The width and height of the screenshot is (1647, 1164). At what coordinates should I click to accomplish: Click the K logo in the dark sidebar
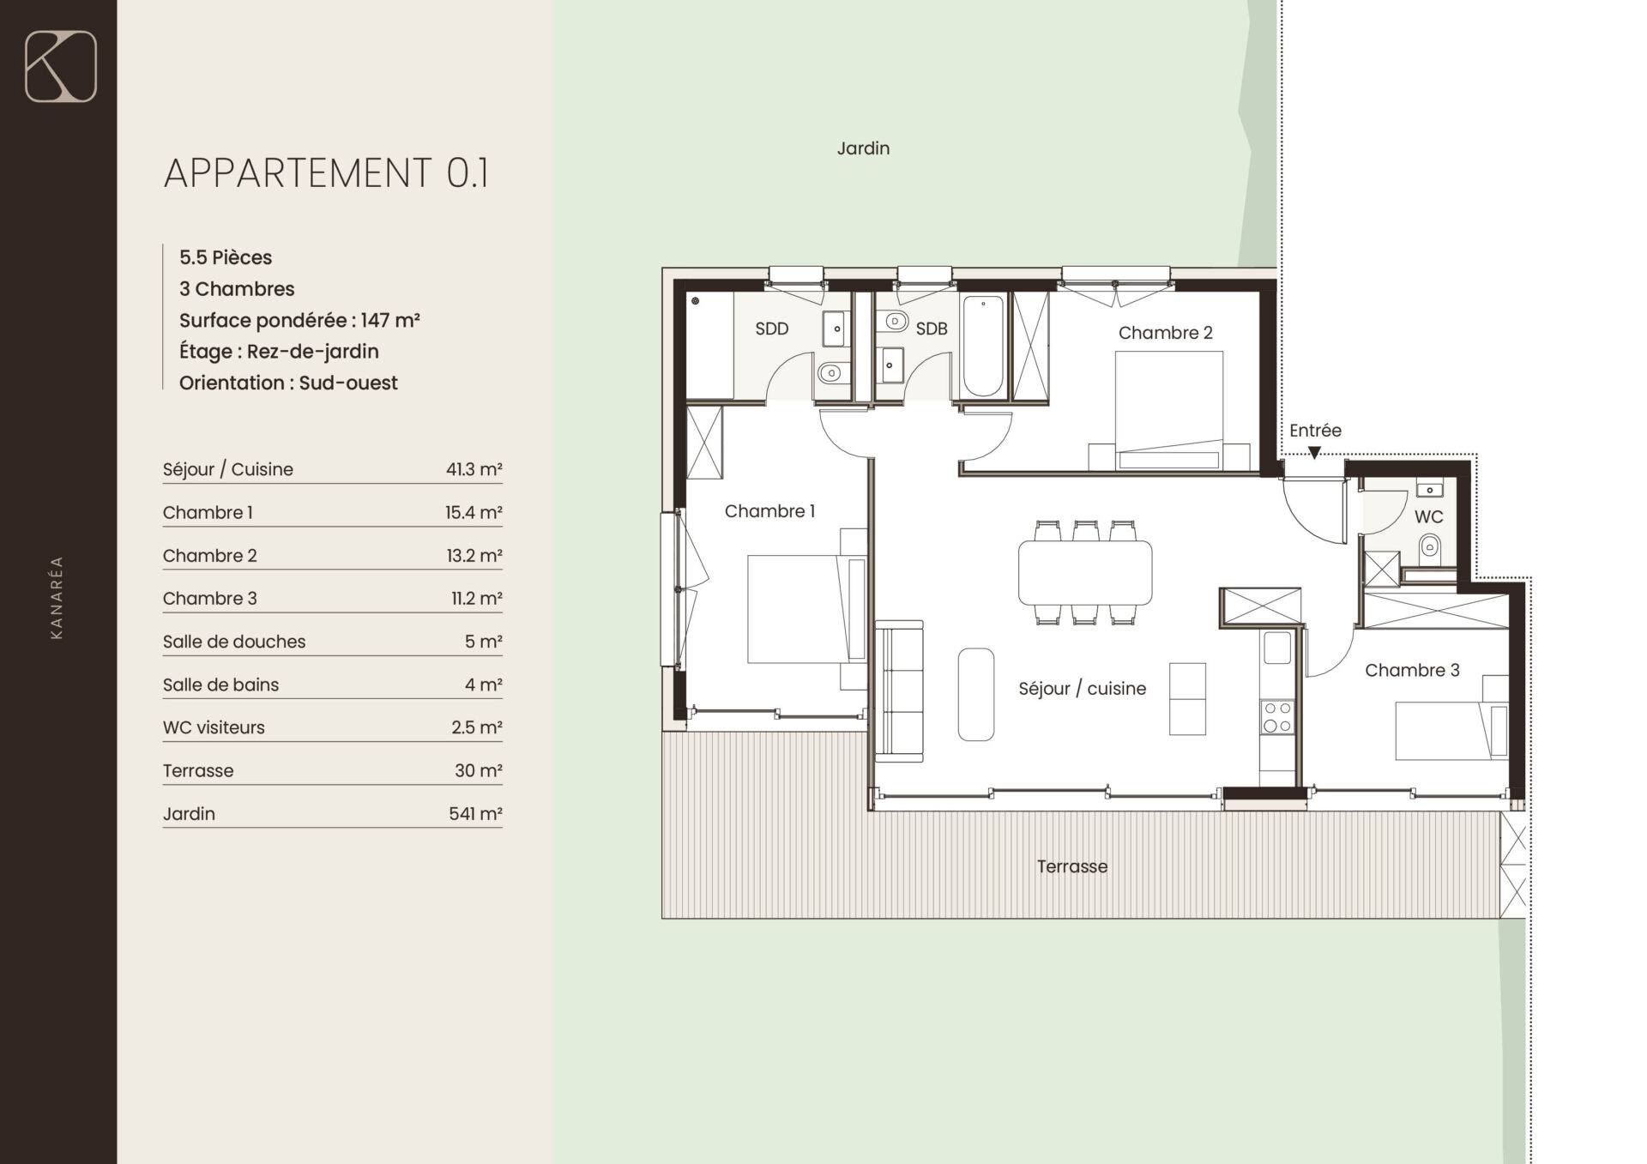(61, 67)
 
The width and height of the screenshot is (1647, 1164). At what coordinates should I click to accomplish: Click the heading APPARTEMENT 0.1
(326, 172)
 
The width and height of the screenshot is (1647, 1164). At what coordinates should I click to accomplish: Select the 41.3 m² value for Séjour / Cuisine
(474, 469)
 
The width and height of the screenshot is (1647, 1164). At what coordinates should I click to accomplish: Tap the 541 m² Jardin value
(475, 813)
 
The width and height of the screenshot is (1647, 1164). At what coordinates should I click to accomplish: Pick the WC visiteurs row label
(214, 727)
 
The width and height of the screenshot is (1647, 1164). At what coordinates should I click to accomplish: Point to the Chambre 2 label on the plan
(1165, 333)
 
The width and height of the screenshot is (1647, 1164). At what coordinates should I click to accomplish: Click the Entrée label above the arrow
(1315, 431)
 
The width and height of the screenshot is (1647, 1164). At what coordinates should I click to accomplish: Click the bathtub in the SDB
(983, 346)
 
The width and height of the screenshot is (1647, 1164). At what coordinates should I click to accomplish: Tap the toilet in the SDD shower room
(830, 373)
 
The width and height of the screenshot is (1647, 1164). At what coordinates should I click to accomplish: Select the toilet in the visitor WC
(1429, 545)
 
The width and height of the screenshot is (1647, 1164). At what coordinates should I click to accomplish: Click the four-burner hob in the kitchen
(1277, 717)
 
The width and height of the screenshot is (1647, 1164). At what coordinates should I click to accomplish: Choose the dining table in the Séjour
(1085, 573)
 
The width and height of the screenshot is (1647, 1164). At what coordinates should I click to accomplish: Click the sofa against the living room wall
(899, 691)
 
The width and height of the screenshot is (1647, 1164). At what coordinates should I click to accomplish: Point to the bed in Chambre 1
(806, 609)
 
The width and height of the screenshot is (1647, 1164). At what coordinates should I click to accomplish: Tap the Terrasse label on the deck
(1072, 866)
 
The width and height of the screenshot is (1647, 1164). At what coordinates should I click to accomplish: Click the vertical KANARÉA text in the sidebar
(57, 597)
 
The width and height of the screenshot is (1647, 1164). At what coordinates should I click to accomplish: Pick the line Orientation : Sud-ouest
(288, 383)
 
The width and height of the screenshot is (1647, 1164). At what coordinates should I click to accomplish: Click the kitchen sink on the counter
(1277, 648)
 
